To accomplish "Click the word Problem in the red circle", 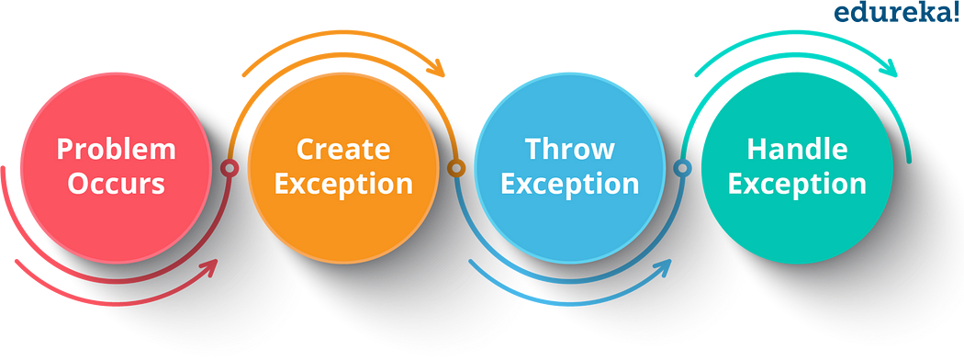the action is [116, 149].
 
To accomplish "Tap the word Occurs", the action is [116, 184].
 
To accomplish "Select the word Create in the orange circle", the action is [343, 149].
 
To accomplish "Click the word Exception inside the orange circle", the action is [343, 184].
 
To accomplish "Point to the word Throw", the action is [570, 149].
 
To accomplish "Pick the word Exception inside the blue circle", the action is [570, 184].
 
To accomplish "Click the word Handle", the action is [797, 149].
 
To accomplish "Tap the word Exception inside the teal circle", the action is [797, 184].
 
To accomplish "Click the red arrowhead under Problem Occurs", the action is [209, 267].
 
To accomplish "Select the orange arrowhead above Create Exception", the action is [437, 68].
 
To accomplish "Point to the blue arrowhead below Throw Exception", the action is [663, 267].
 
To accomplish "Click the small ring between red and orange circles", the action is [228, 168].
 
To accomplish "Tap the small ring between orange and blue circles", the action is [454, 168].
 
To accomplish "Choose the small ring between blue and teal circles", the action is [681, 168].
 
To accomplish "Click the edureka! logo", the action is [896, 13].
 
